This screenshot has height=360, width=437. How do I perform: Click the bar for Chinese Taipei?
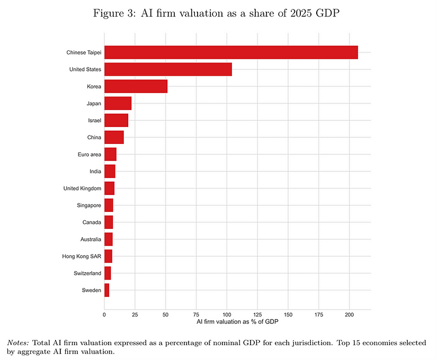pyautogui.click(x=231, y=52)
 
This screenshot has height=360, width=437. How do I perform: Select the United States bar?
pyautogui.click(x=168, y=69)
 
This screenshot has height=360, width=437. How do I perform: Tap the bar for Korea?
pyautogui.click(x=136, y=86)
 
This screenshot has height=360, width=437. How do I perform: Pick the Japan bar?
pyautogui.click(x=118, y=103)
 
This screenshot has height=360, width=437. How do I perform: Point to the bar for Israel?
pyautogui.click(x=116, y=120)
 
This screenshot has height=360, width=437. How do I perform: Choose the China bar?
pyautogui.click(x=114, y=137)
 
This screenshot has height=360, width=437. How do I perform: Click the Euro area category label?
pyautogui.click(x=89, y=154)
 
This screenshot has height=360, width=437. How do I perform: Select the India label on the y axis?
pyautogui.click(x=95, y=172)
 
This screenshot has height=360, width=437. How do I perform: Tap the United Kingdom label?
pyautogui.click(x=82, y=188)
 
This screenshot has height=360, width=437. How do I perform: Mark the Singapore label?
pyautogui.click(x=89, y=205)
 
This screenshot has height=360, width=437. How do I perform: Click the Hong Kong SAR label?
pyautogui.click(x=82, y=256)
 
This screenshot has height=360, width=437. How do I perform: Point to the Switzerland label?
pyautogui.click(x=87, y=273)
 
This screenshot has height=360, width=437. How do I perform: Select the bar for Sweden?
pyautogui.click(x=106, y=290)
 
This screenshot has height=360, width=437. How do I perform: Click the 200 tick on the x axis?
pyautogui.click(x=349, y=314)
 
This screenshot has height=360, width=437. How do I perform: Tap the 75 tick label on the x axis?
pyautogui.click(x=196, y=314)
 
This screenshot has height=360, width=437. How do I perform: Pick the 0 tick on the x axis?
pyautogui.click(x=104, y=314)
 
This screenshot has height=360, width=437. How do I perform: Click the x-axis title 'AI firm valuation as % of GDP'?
pyautogui.click(x=237, y=322)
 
